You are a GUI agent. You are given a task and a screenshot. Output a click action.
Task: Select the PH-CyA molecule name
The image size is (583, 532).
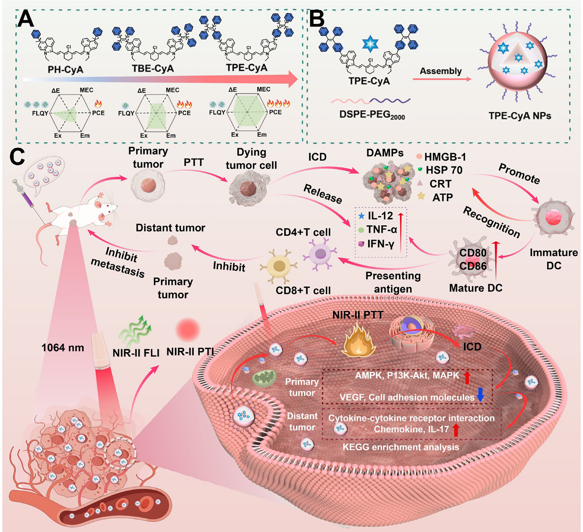[x=65, y=70]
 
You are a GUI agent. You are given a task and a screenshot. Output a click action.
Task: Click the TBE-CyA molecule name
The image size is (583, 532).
[x=153, y=69]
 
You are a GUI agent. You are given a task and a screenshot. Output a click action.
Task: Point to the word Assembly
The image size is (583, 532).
[x=440, y=71]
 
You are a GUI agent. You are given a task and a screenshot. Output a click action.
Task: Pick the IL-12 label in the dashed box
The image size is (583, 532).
[x=380, y=216]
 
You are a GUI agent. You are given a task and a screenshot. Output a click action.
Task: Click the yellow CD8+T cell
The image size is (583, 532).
[x=279, y=266]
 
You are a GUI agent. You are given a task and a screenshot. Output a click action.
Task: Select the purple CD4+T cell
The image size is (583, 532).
[x=321, y=254]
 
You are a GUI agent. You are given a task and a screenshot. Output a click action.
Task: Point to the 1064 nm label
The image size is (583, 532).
[x=63, y=348]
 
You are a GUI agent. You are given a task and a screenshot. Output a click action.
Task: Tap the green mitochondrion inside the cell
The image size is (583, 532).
[x=264, y=379]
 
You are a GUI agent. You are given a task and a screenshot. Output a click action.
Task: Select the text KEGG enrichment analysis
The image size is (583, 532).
[x=400, y=447]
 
